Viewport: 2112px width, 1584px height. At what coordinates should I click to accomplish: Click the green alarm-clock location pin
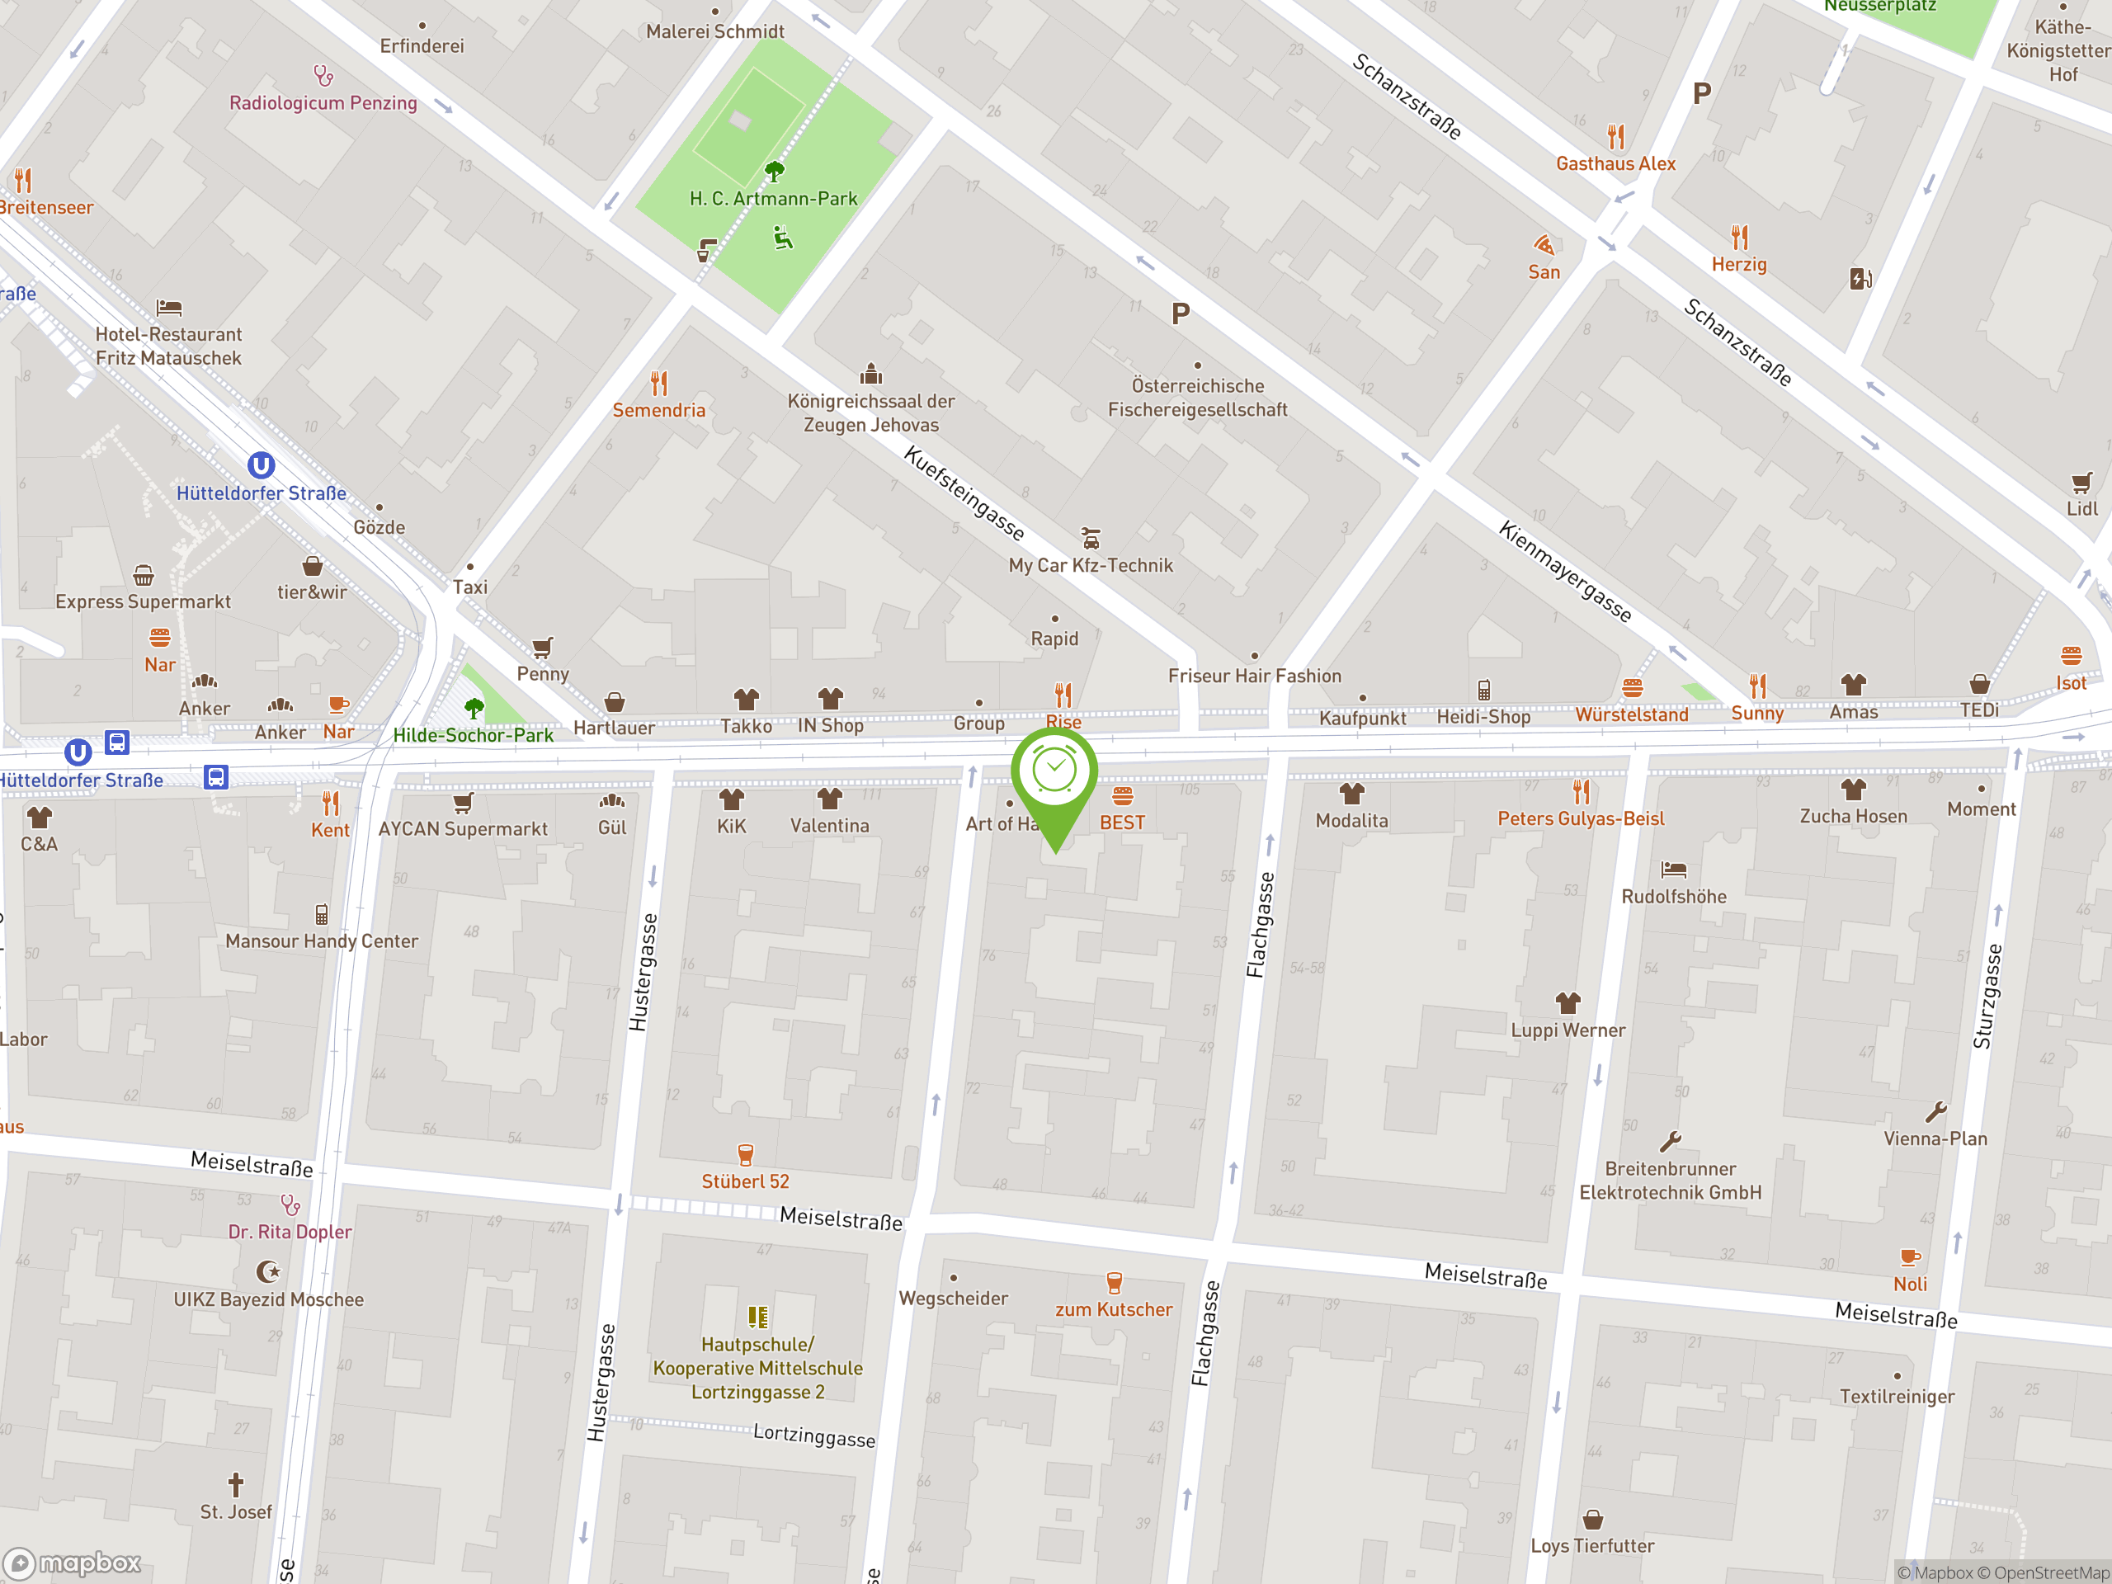(x=1054, y=773)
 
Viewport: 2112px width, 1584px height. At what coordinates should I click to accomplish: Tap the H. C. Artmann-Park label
(x=773, y=199)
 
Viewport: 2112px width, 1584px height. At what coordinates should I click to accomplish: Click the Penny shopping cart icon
(x=542, y=648)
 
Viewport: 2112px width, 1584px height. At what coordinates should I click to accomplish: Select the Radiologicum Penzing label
(x=323, y=103)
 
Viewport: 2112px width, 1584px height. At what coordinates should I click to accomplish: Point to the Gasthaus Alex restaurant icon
(x=1615, y=136)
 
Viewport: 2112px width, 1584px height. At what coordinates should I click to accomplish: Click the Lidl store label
(x=2081, y=509)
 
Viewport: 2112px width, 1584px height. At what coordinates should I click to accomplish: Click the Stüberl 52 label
(x=745, y=1181)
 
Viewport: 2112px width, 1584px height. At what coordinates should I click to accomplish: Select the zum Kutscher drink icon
(x=1113, y=1282)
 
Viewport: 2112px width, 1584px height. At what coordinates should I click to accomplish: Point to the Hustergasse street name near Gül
(x=643, y=972)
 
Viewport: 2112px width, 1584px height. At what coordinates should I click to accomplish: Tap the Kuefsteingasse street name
(x=964, y=493)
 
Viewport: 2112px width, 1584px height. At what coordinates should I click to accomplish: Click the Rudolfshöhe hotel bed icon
(x=1674, y=869)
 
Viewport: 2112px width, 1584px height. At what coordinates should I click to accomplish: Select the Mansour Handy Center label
(x=322, y=941)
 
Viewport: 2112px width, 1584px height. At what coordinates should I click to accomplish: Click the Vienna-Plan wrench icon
(x=1935, y=1112)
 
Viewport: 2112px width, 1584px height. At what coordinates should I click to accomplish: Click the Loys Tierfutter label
(x=1591, y=1546)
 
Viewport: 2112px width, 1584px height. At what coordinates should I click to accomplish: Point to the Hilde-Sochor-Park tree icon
(x=474, y=708)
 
